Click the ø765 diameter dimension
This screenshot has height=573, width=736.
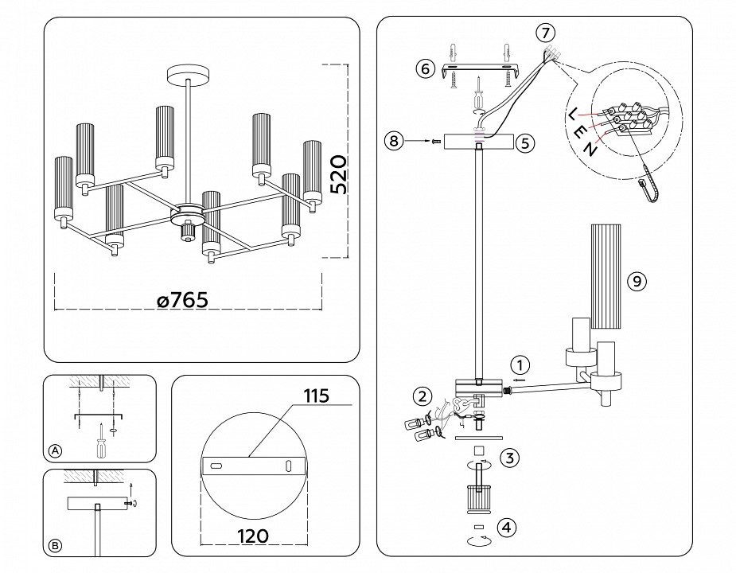182,300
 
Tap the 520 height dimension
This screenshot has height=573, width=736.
337,176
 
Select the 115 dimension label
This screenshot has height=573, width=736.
315,396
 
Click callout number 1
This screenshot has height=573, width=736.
518,365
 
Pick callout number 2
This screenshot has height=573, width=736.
422,396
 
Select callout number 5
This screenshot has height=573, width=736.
524,143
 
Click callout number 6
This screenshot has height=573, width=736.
424,68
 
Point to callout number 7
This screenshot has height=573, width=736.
544,33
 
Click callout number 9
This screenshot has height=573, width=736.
635,280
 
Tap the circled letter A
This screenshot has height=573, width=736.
55,450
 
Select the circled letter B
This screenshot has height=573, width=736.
55,545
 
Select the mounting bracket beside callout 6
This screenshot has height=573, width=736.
477,68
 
